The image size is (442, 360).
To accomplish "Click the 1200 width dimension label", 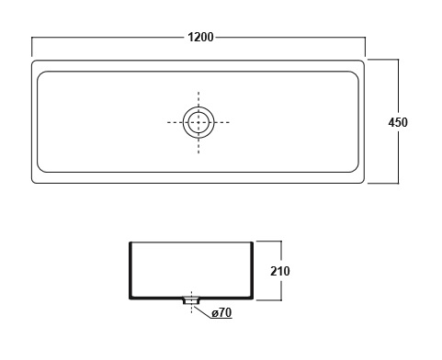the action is click(x=200, y=38).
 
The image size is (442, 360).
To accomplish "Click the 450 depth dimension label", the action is click(x=398, y=122).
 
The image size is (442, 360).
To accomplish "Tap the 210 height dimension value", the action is click(x=280, y=271).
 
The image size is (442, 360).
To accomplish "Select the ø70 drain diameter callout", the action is click(x=221, y=312).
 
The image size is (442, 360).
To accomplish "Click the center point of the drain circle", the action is click(x=198, y=122).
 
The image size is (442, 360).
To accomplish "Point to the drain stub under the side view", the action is click(x=191, y=300).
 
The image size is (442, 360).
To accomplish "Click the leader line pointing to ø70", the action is click(x=203, y=311).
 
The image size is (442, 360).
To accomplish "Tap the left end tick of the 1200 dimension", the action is click(x=32, y=47).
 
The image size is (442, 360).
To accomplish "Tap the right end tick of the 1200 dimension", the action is click(x=365, y=47).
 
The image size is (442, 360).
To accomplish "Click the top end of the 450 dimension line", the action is click(x=398, y=60).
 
